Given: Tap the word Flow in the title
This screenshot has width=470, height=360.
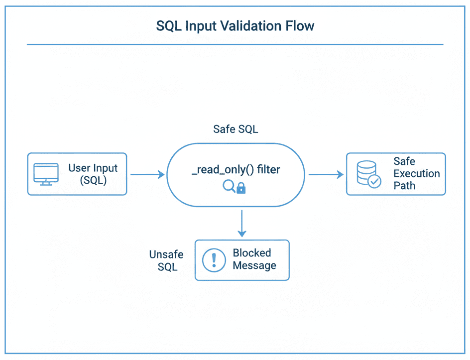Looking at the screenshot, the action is pyautogui.click(x=299, y=26).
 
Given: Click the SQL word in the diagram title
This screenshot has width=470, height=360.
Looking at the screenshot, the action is pyautogui.click(x=169, y=26).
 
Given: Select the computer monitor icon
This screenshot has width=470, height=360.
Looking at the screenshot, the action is pyautogui.click(x=46, y=174).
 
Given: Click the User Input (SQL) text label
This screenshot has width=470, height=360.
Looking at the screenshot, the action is pyautogui.click(x=93, y=174).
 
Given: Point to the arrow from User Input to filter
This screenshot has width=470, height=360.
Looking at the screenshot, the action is pyautogui.click(x=147, y=174).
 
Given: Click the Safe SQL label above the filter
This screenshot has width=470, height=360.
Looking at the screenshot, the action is pyautogui.click(x=235, y=129).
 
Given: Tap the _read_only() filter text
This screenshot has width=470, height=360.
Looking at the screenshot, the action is pyautogui.click(x=236, y=170).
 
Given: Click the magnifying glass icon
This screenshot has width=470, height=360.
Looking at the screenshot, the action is pyautogui.click(x=229, y=186).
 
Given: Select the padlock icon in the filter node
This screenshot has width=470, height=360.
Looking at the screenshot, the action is pyautogui.click(x=241, y=188).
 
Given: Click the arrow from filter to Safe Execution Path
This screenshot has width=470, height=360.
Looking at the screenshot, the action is pyautogui.click(x=326, y=174).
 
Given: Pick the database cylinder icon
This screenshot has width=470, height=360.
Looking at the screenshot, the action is pyautogui.click(x=366, y=172).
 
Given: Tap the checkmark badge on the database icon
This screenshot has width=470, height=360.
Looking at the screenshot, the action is pyautogui.click(x=374, y=181).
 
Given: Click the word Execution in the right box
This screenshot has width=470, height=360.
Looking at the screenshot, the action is pyautogui.click(x=417, y=174).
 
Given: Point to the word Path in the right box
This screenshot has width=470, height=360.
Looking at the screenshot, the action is pyautogui.click(x=404, y=186).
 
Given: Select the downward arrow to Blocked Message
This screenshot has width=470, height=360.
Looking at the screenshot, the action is pyautogui.click(x=242, y=224).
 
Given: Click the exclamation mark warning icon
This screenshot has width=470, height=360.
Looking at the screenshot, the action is pyautogui.click(x=214, y=260).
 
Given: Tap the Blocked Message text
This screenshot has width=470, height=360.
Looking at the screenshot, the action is pyautogui.click(x=254, y=259).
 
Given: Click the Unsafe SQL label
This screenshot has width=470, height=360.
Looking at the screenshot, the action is pyautogui.click(x=166, y=260).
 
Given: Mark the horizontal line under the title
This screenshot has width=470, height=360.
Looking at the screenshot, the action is pyautogui.click(x=235, y=44).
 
